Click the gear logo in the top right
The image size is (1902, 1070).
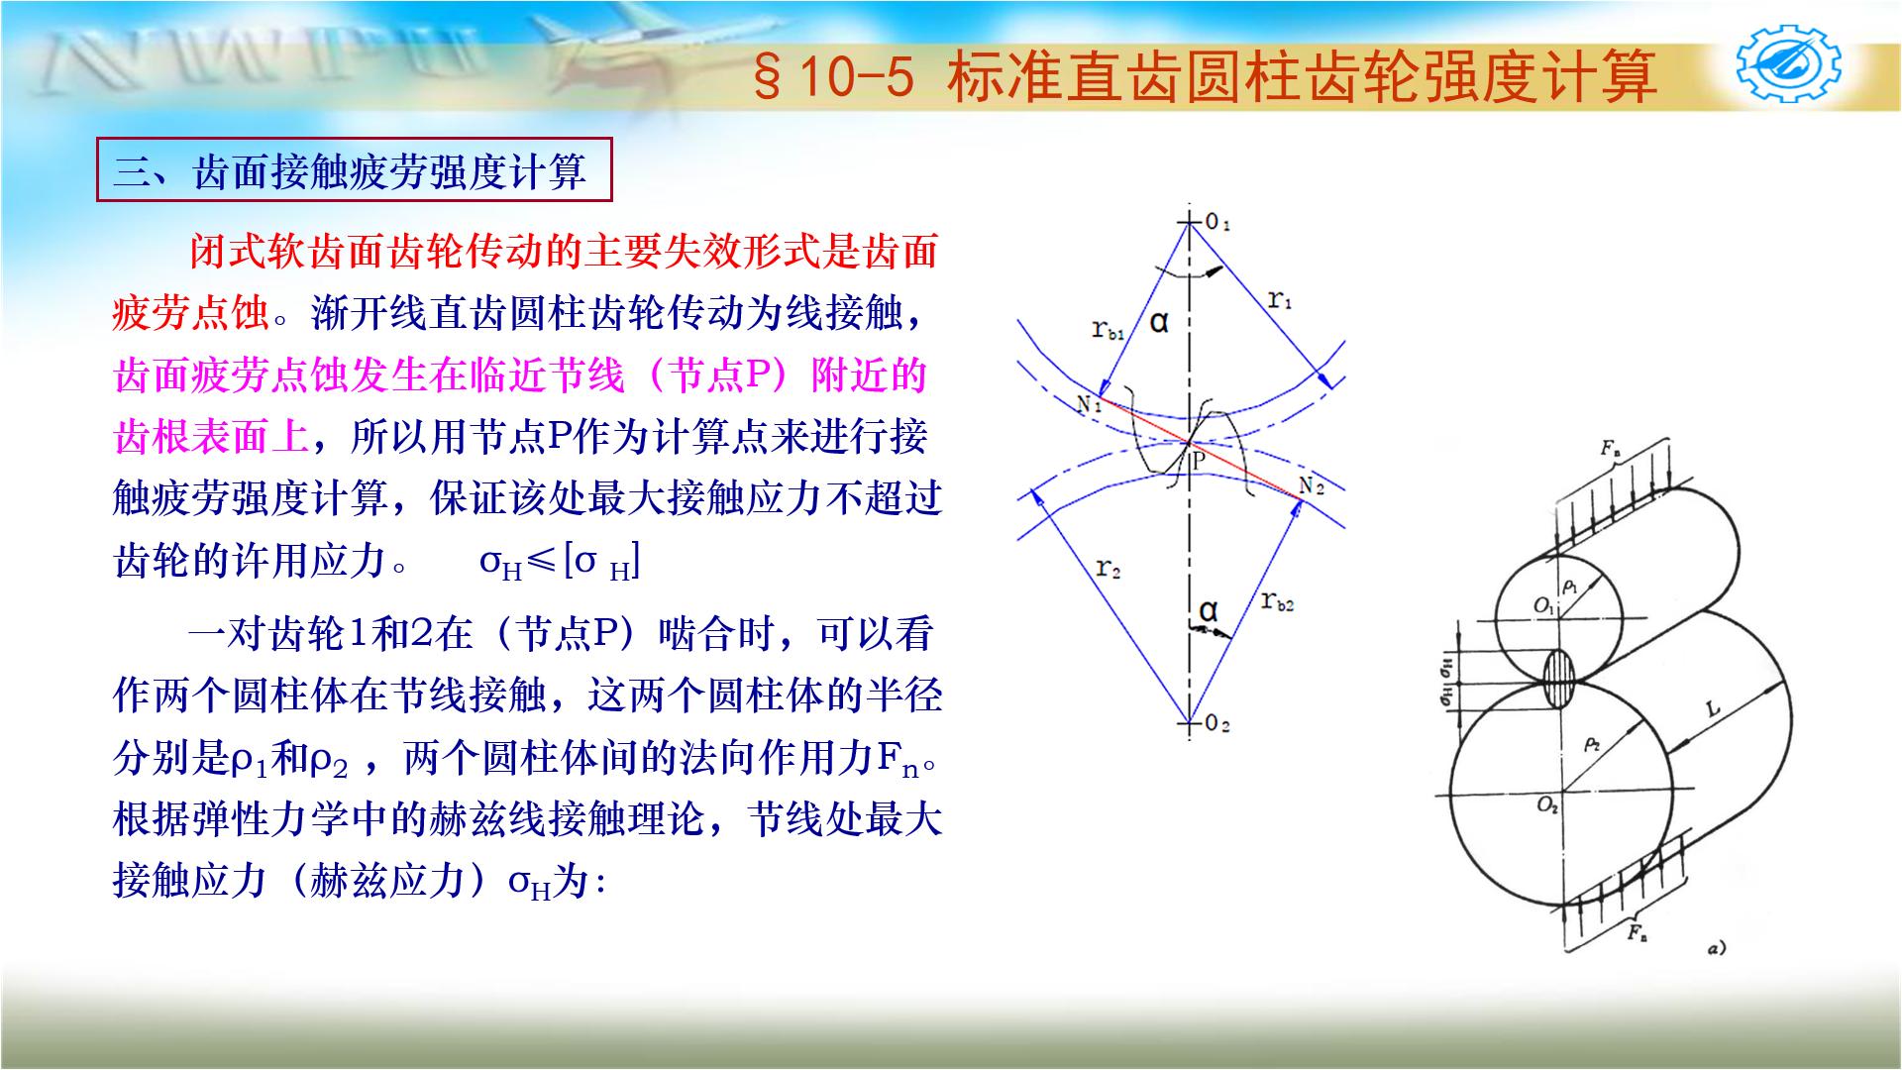pos(1789,66)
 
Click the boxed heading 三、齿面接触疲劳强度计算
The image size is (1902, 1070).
pos(354,172)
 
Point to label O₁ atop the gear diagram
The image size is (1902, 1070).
pos(1217,223)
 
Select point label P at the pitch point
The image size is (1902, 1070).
pos(1199,460)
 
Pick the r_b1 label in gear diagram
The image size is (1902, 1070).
pos(1109,330)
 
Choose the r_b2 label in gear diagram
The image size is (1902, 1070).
pos(1277,600)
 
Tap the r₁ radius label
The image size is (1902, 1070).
pos(1280,298)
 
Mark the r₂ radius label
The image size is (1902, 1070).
pos(1109,569)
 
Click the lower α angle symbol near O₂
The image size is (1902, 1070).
pos(1208,610)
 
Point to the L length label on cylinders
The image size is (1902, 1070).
pos(1713,708)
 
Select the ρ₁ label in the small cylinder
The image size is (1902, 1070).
pos(1569,588)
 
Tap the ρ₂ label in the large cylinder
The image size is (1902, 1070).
pos(1591,743)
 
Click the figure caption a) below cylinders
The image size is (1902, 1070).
pos(1716,948)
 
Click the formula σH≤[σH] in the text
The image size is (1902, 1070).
pos(560,563)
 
